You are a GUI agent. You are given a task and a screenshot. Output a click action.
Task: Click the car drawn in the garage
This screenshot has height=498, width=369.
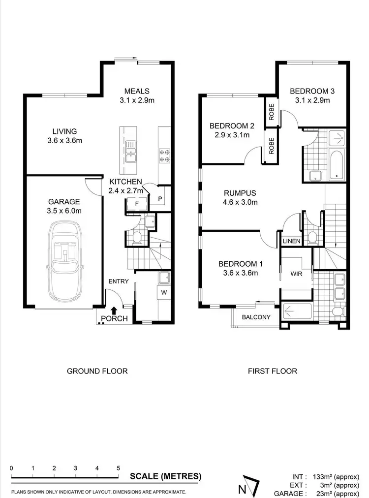[x=65, y=261]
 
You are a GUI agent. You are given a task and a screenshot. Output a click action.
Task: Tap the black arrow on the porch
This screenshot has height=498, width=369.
[x=114, y=310]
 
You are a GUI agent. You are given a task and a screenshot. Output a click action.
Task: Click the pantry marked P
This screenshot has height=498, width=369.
[x=161, y=198]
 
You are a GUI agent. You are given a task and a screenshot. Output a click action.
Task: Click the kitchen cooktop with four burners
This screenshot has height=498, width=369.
[x=164, y=155]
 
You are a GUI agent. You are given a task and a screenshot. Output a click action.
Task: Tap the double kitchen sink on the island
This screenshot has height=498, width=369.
[x=130, y=151]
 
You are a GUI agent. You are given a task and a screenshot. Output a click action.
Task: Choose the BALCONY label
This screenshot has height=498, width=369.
[x=256, y=317]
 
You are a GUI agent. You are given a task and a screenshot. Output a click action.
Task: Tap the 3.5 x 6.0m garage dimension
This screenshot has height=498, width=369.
[x=64, y=211]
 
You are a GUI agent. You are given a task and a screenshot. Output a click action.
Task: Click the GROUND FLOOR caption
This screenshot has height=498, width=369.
[x=97, y=371]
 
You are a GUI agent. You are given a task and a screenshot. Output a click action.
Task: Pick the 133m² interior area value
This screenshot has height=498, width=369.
[x=325, y=476]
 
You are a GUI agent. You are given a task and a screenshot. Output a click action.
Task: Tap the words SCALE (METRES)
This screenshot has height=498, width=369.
[x=165, y=476]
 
